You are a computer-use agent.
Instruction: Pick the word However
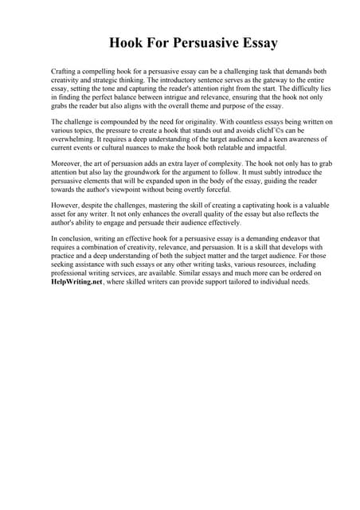[x=66, y=205]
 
